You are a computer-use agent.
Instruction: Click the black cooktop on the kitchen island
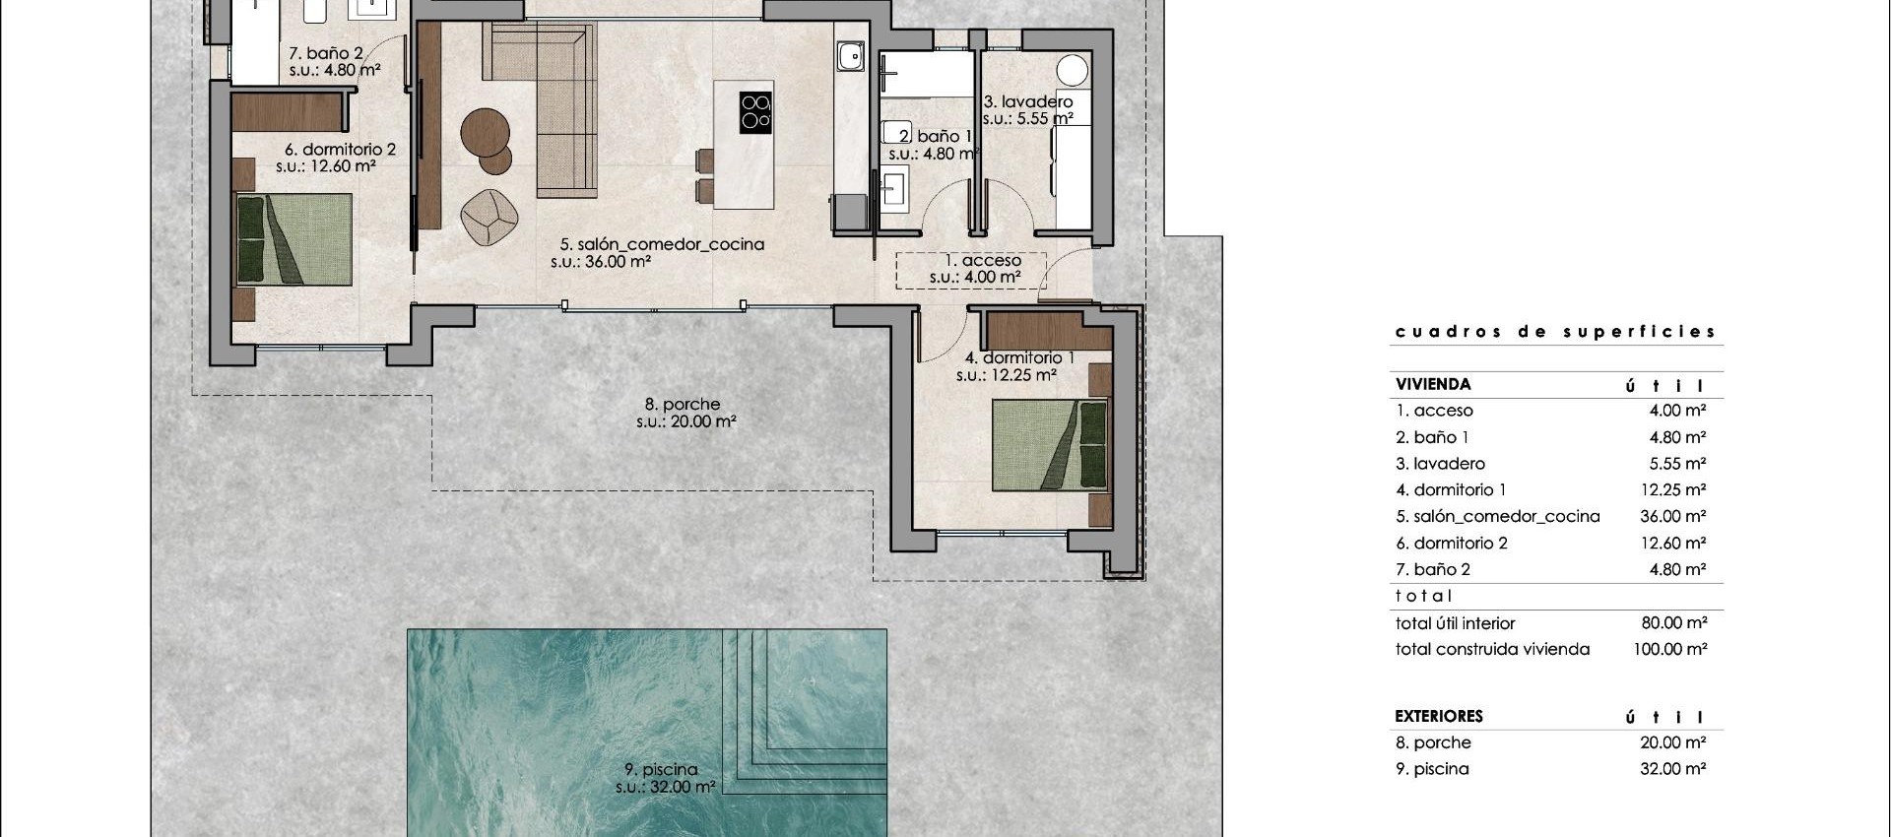point(755,112)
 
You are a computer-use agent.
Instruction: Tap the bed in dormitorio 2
point(293,239)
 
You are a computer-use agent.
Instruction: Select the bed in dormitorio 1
point(1050,444)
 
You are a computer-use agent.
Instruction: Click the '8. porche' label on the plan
point(683,405)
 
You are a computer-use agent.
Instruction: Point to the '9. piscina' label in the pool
point(660,770)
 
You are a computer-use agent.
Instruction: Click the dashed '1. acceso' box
point(970,270)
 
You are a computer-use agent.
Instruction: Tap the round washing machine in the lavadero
point(1072,70)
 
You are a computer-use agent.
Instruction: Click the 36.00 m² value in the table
point(1673,516)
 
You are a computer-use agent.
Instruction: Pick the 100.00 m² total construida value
point(1670,649)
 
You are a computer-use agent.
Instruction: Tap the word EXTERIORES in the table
point(1438,716)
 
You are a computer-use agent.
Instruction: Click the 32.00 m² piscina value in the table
point(1672,769)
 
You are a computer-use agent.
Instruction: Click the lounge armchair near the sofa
point(489,216)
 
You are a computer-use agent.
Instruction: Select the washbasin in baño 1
point(893,187)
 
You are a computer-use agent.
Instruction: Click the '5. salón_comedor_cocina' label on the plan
point(662,244)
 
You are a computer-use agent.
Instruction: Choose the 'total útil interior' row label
point(1455,623)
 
